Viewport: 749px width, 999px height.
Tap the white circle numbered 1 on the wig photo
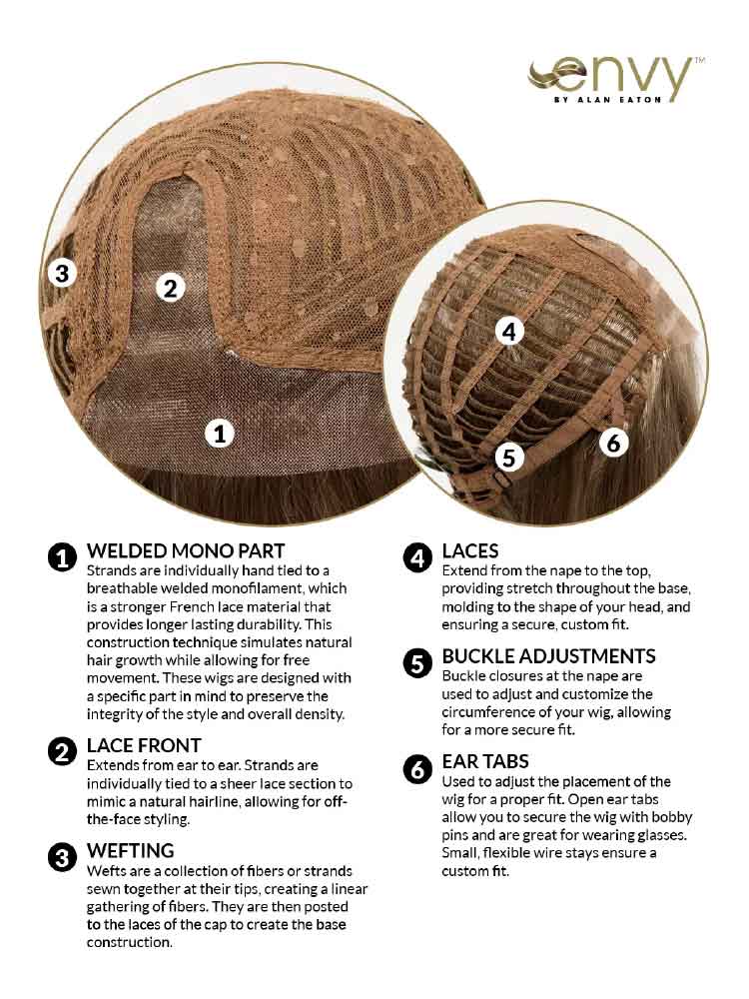coord(220,434)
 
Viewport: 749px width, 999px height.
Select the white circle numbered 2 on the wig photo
coord(170,288)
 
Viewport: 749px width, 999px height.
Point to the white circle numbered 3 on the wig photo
coord(62,273)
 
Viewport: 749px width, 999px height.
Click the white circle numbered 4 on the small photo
coord(509,332)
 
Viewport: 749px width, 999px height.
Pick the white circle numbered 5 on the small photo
coord(509,457)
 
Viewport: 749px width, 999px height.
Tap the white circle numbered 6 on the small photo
coord(613,443)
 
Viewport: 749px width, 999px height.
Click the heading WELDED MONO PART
coord(186,551)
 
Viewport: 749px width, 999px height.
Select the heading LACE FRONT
coord(144,745)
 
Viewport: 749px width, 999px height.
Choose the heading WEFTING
coord(131,850)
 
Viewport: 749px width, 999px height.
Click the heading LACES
coord(470,551)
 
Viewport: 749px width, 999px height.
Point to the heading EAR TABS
coord(485,761)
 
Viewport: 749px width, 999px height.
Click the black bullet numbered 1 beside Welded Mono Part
coord(62,558)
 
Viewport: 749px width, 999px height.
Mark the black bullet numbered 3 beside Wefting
coord(62,858)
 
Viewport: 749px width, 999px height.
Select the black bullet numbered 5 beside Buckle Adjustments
coord(417,664)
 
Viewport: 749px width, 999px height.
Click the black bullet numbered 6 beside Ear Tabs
coord(417,769)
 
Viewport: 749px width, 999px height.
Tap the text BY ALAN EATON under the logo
coord(608,100)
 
